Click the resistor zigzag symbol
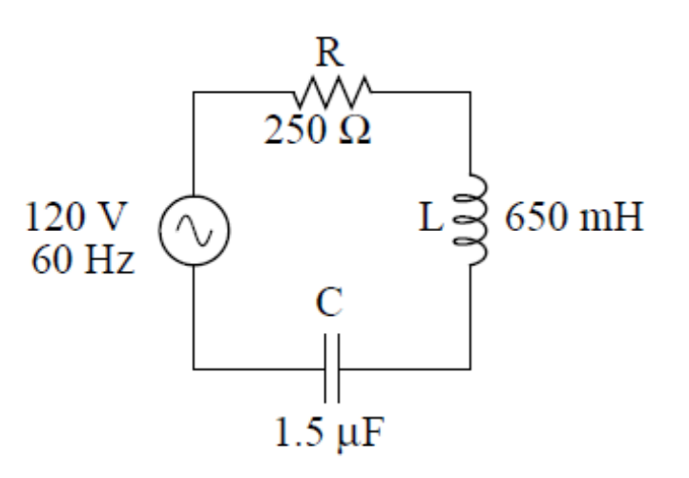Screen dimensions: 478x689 [x=329, y=93]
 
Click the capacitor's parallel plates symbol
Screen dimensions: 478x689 [x=330, y=367]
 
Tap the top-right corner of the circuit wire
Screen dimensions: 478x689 [x=470, y=93]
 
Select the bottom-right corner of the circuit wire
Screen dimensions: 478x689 [x=470, y=367]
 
